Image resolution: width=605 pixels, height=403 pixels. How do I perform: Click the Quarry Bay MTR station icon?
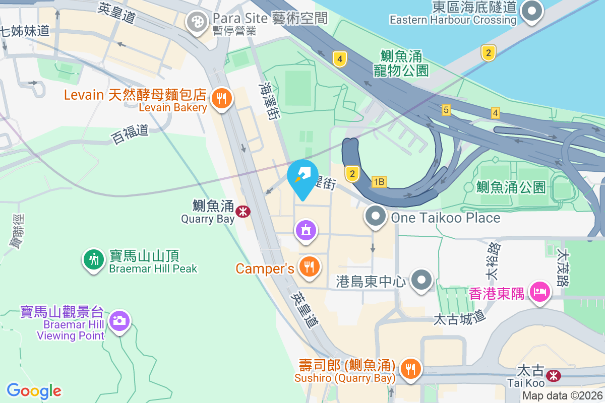tap(243, 211)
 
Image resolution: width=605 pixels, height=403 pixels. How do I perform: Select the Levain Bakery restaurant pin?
tap(221, 97)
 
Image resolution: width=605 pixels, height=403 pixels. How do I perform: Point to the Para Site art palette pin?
tap(196, 22)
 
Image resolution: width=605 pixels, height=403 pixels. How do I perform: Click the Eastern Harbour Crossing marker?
tap(531, 11)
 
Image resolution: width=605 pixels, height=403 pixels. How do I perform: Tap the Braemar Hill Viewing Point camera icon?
tap(119, 320)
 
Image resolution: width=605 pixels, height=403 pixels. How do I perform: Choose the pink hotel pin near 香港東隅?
tap(538, 291)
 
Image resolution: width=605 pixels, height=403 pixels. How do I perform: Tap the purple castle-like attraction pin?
tap(306, 230)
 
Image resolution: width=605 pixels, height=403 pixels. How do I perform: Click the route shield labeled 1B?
tap(379, 182)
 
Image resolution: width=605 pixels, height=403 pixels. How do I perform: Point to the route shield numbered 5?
tap(446, 109)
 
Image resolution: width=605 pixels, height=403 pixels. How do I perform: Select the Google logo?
tap(34, 390)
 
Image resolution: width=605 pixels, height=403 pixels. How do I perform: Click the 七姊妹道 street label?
tap(25, 30)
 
